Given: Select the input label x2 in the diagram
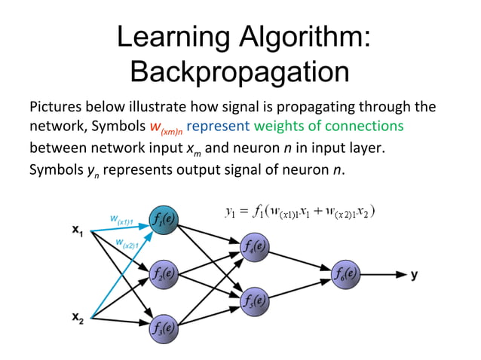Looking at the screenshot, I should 78,318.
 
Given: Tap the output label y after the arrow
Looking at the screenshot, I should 415,274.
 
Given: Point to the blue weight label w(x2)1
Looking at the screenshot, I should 127,243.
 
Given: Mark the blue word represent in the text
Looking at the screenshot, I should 218,126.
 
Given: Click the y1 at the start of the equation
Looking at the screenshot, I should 231,213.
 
